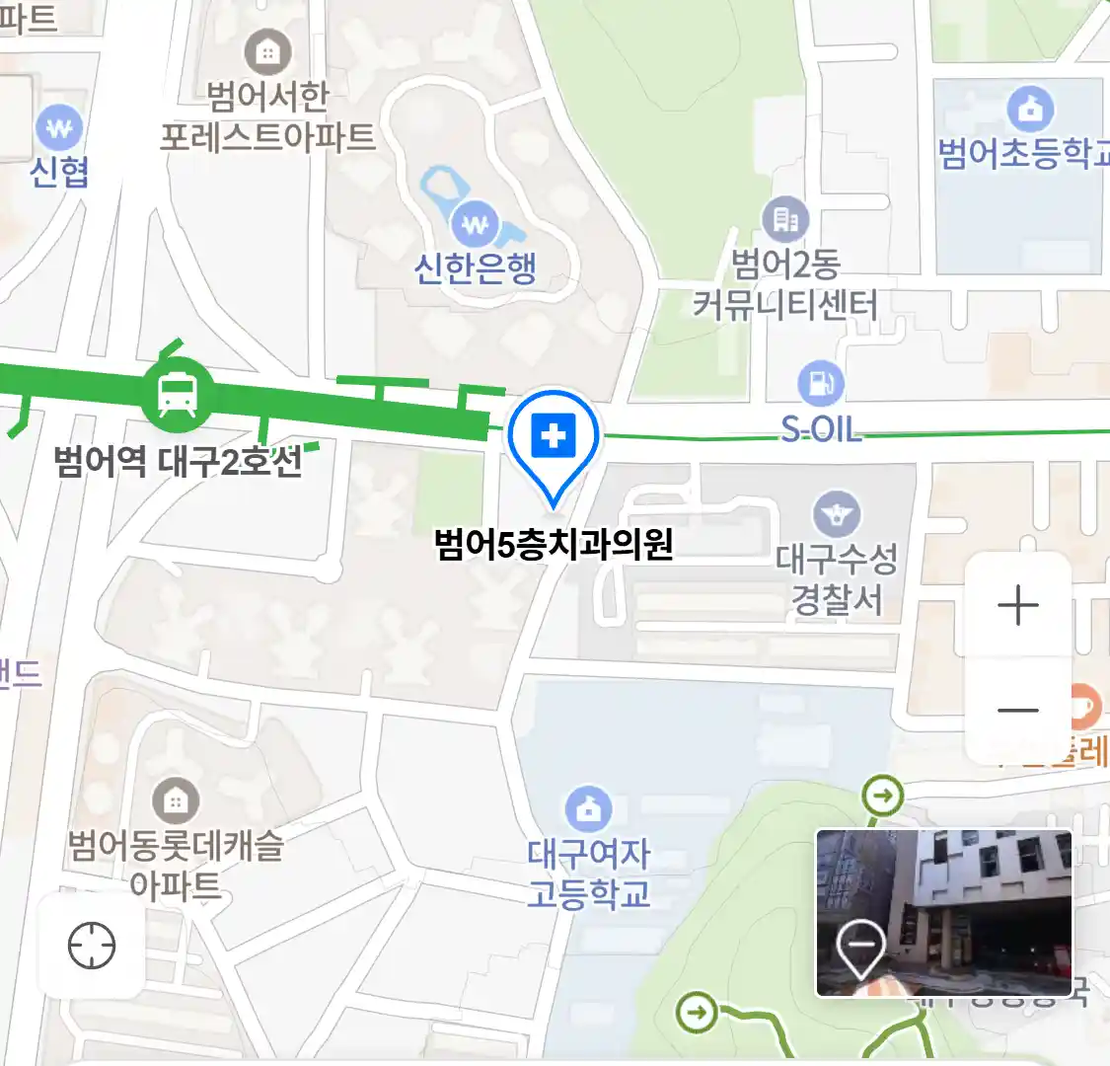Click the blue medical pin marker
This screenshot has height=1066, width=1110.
[554, 436]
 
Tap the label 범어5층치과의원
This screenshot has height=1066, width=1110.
[554, 544]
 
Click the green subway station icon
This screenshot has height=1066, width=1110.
[177, 393]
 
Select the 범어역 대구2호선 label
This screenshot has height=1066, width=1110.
[178, 461]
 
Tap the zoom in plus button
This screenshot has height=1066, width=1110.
[1017, 605]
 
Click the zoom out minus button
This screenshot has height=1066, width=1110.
[1017, 710]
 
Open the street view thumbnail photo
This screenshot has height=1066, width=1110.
[943, 913]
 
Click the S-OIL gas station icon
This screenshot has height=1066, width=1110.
[820, 383]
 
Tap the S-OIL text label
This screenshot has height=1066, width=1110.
[821, 429]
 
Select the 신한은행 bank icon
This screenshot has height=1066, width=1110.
[476, 224]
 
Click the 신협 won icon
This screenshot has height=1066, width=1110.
[59, 128]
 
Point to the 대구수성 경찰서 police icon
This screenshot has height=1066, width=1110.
[837, 514]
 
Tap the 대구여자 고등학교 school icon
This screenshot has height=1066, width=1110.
[589, 809]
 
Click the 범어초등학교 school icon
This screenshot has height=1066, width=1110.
[1030, 110]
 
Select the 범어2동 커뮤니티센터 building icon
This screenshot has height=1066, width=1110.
[785, 219]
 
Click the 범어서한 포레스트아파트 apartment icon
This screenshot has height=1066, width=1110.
[268, 51]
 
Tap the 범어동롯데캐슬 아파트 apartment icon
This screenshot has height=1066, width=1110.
[176, 799]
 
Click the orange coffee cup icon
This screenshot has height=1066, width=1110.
[1082, 706]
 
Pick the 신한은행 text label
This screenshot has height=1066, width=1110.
[476, 267]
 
